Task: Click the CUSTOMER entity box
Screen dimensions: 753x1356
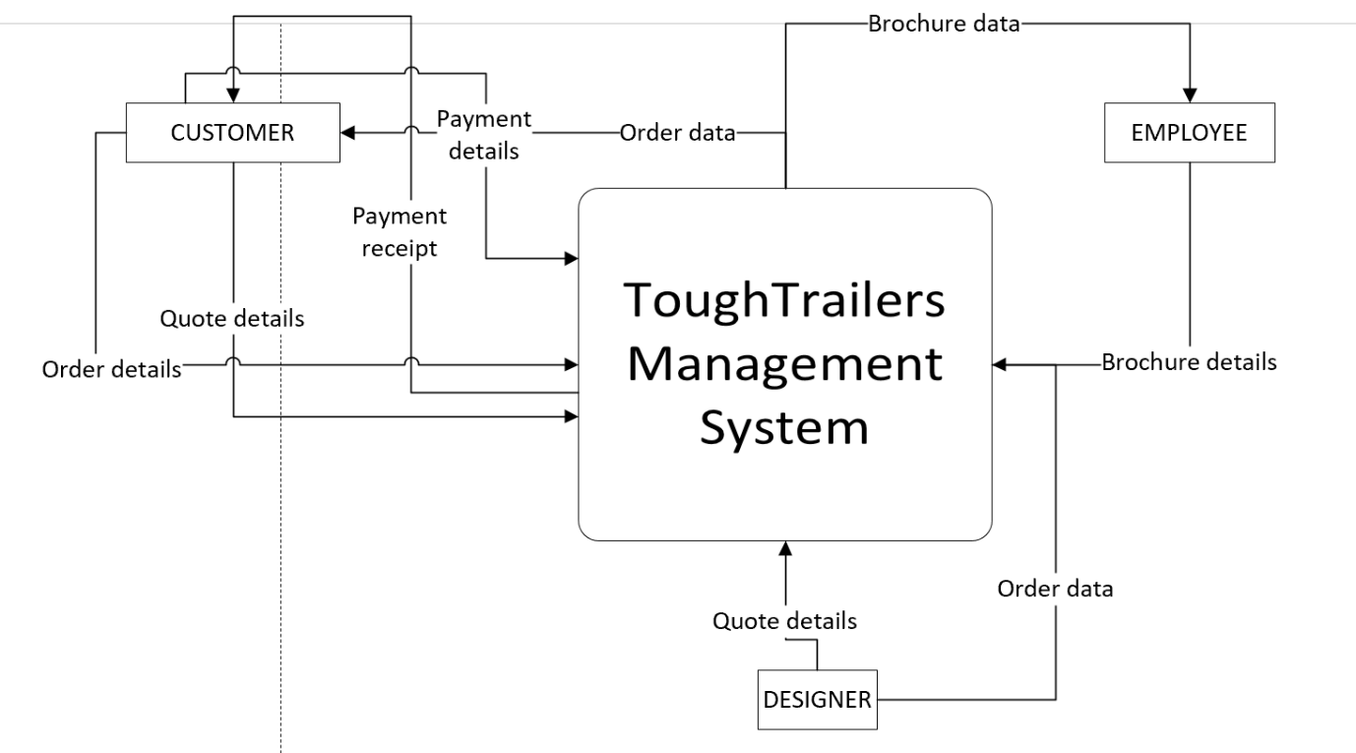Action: click(x=233, y=133)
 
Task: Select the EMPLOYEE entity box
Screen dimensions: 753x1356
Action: click(x=1189, y=133)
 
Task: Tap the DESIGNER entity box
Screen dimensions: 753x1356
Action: click(x=818, y=700)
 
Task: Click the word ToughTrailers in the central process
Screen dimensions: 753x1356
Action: click(x=784, y=301)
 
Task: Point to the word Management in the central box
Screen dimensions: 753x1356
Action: click(x=784, y=364)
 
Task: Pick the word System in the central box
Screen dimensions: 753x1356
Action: click(x=784, y=428)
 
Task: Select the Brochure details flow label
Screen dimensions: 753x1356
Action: click(x=1189, y=362)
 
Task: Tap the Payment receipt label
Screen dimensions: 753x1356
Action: click(x=399, y=232)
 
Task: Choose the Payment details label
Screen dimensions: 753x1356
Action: click(x=483, y=135)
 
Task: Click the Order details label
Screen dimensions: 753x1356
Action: click(x=111, y=369)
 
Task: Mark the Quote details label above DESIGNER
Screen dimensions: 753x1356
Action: click(x=784, y=621)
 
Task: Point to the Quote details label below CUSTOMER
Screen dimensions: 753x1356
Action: click(x=232, y=319)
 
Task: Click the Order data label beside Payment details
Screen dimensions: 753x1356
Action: click(x=677, y=133)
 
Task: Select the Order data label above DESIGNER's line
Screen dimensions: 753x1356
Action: click(x=1055, y=589)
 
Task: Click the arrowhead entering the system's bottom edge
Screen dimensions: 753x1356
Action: click(x=784, y=547)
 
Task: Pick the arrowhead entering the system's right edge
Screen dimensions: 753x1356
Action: click(x=999, y=364)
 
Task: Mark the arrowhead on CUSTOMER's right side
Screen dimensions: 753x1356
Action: click(x=347, y=133)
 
